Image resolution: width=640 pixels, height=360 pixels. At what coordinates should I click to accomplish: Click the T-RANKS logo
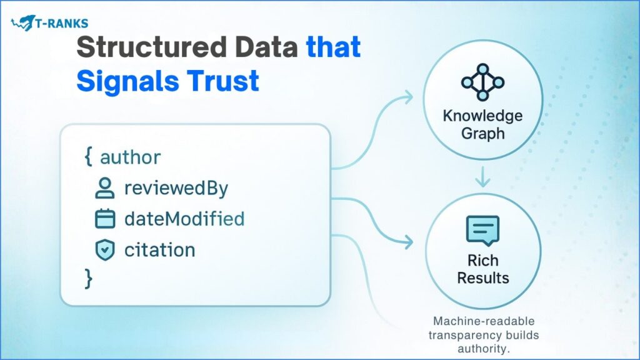pyautogui.click(x=49, y=24)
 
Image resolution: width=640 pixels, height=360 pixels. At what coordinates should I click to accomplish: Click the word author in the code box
pyautogui.click(x=131, y=157)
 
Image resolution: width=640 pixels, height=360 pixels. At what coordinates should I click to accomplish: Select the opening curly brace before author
pyautogui.click(x=87, y=157)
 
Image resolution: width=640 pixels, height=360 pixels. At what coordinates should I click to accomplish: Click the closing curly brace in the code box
pyautogui.click(x=88, y=278)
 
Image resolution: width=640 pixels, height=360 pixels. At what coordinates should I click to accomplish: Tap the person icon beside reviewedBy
pyautogui.click(x=104, y=188)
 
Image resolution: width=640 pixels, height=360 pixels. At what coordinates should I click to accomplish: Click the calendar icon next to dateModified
pyautogui.click(x=104, y=219)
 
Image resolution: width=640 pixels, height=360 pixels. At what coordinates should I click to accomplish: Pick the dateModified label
pyautogui.click(x=184, y=219)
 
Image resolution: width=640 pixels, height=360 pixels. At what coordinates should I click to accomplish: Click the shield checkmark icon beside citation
pyautogui.click(x=104, y=250)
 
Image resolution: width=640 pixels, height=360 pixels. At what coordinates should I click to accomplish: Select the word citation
pyautogui.click(x=160, y=250)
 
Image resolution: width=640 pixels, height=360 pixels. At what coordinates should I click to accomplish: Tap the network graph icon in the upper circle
pyautogui.click(x=482, y=81)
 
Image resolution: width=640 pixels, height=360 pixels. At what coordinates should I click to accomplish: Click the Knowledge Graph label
pyautogui.click(x=482, y=124)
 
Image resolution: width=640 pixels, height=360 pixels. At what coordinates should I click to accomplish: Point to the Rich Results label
pyautogui.click(x=482, y=268)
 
